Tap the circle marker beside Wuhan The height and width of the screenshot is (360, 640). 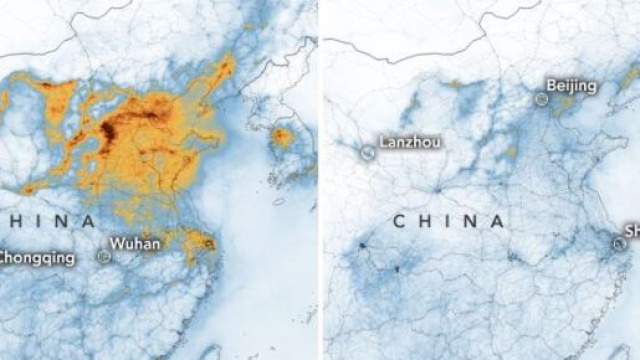(x=104, y=256)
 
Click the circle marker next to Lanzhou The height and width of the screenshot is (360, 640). (x=367, y=152)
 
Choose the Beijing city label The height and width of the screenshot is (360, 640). (x=563, y=87)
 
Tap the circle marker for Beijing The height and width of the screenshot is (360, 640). (x=541, y=99)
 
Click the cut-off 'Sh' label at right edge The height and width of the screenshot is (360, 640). (x=632, y=230)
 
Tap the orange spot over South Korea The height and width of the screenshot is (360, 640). (x=283, y=136)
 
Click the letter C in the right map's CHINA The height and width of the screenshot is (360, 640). (x=398, y=221)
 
